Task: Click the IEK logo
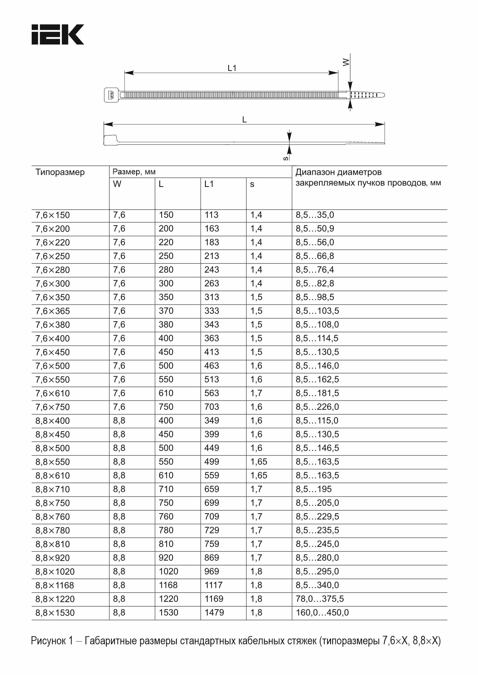tap(58, 35)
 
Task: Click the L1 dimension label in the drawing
tap(232, 68)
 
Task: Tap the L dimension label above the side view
tap(244, 120)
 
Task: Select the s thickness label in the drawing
tap(285, 158)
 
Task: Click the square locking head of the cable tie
tap(111, 95)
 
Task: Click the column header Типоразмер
tap(60, 172)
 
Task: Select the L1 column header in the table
tap(209, 184)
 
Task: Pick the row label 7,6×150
tap(53, 215)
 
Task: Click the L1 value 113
tap(212, 215)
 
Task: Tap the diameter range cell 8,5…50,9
tap(315, 229)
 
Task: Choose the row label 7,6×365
tap(53, 311)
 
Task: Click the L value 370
tap(166, 311)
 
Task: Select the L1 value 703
tap(212, 407)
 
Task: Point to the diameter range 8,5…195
tap(314, 489)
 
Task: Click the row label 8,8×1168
tap(55, 585)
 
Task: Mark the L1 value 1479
tap(214, 613)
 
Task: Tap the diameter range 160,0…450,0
tap(322, 613)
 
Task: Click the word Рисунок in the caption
tap(49, 641)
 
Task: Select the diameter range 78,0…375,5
tap(319, 599)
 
